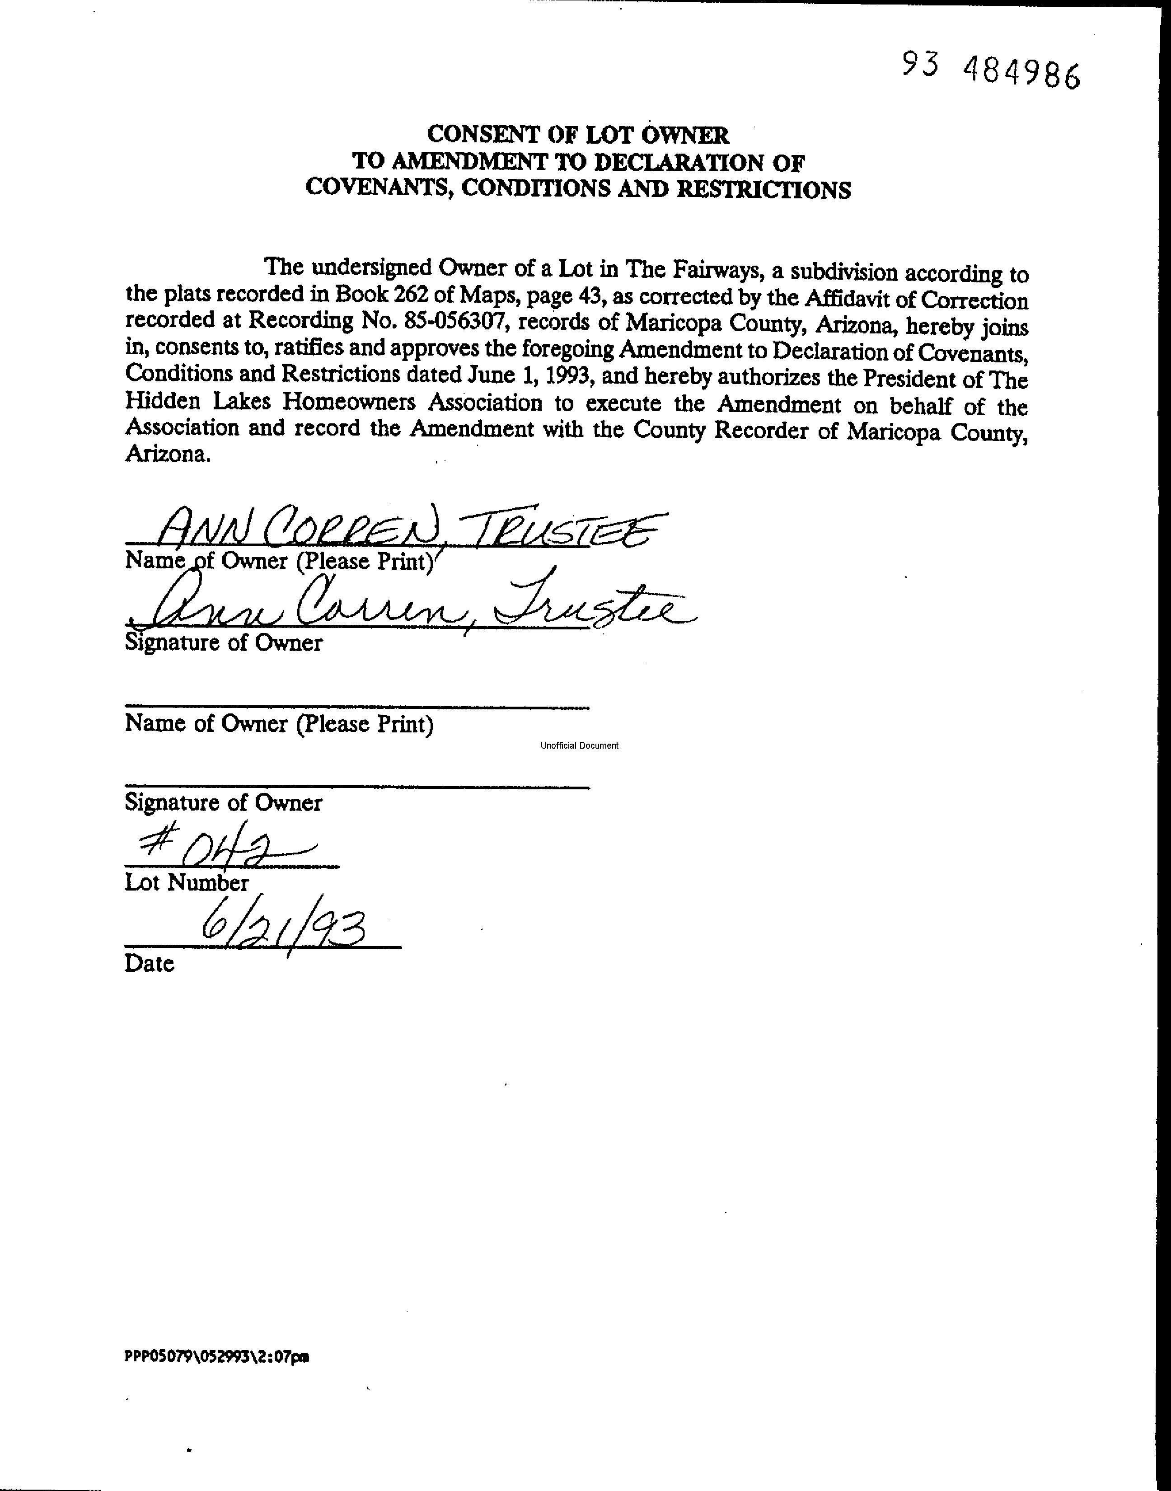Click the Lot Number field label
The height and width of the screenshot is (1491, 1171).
pos(187,882)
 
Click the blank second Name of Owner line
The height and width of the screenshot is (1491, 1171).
pos(356,705)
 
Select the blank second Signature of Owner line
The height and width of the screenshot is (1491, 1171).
pos(356,786)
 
